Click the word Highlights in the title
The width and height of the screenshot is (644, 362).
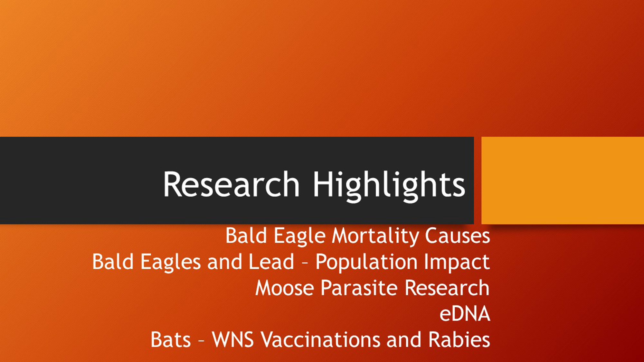[389, 186]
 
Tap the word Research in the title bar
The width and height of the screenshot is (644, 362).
[231, 184]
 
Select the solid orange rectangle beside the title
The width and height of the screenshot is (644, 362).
[563, 180]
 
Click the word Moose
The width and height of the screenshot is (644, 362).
[285, 288]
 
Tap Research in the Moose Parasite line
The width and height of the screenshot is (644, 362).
[447, 288]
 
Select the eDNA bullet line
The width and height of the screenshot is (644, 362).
[465, 314]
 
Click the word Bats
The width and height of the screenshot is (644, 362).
[171, 340]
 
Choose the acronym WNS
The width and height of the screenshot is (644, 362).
[233, 340]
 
